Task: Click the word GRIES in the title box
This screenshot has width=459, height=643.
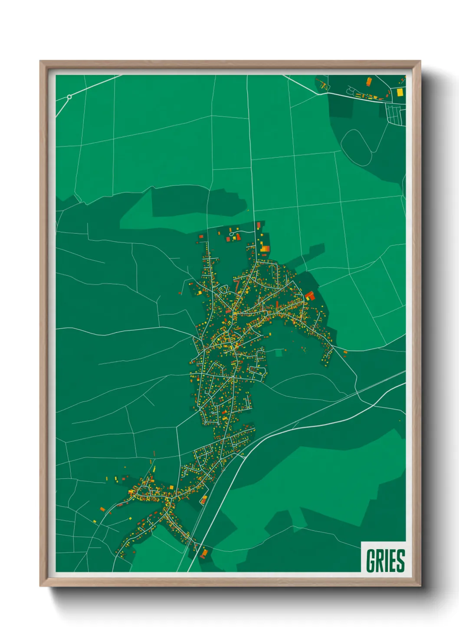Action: (x=385, y=560)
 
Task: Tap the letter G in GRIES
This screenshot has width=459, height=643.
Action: (x=371, y=560)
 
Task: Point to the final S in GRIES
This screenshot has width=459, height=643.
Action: (x=400, y=560)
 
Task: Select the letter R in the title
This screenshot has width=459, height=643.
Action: (x=380, y=560)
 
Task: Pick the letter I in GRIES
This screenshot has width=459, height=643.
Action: (x=387, y=560)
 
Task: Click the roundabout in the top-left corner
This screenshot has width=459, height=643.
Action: (x=69, y=97)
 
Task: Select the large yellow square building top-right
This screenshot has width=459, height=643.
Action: (x=400, y=92)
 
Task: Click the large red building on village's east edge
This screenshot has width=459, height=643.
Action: (x=309, y=296)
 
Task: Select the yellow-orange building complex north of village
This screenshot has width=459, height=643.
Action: (x=264, y=249)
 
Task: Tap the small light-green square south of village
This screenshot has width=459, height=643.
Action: (x=279, y=353)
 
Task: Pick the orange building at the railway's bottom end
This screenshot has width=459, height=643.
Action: (x=204, y=553)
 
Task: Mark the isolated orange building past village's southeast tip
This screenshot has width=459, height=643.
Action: (x=345, y=352)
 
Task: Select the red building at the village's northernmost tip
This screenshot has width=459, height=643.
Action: (x=259, y=225)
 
